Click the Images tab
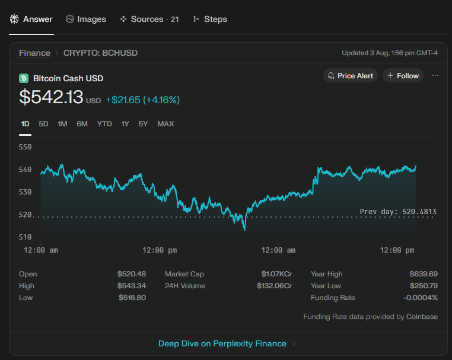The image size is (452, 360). tap(86, 20)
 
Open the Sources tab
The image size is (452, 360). tap(149, 20)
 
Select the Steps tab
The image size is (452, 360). tap(210, 20)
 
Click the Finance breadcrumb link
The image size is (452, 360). tap(34, 53)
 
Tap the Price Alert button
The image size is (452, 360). tap(350, 75)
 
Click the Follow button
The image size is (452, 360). tap(403, 75)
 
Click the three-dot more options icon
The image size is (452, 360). tap(435, 75)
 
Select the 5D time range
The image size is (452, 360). tap(43, 124)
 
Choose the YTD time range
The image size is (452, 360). tap(104, 124)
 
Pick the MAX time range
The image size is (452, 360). tap(165, 124)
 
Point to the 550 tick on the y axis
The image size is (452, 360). tap(25, 147)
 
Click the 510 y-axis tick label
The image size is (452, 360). tap(25, 237)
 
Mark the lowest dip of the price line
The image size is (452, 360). tap(245, 230)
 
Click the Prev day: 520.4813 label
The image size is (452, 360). tap(398, 212)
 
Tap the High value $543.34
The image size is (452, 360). tap(132, 286)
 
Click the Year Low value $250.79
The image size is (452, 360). tap(424, 286)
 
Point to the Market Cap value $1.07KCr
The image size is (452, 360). tap(276, 274)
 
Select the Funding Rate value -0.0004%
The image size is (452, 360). tap(421, 298)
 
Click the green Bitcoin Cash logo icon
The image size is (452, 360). tap(24, 78)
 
